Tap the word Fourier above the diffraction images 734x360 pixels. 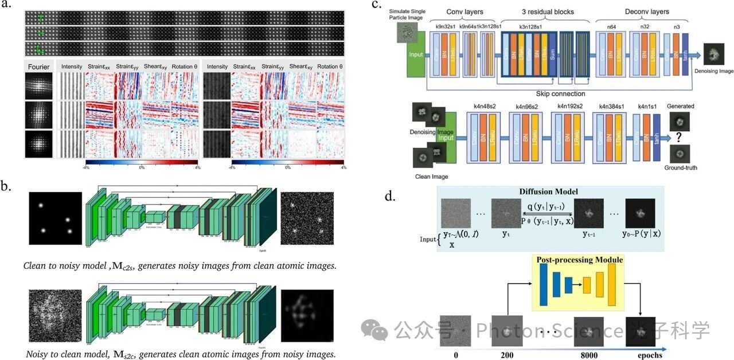click(x=38, y=66)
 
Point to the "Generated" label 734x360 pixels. click(x=681, y=106)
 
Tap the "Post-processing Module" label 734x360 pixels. click(x=579, y=260)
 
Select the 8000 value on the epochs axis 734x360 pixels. click(x=588, y=355)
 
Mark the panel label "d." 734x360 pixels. click(x=391, y=197)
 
